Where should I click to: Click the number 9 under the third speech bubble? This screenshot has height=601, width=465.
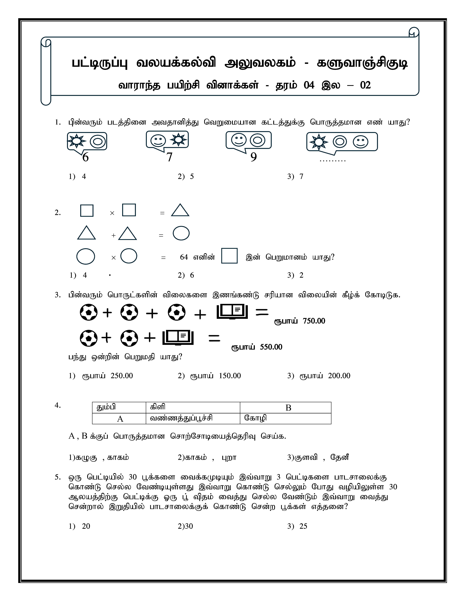point(253,157)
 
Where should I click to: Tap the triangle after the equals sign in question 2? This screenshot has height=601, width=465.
point(180,211)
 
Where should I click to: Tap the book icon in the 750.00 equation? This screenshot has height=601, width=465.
point(232,312)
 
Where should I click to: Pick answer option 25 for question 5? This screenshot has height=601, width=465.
point(303,526)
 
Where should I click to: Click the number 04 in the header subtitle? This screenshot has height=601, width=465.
point(309,85)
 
